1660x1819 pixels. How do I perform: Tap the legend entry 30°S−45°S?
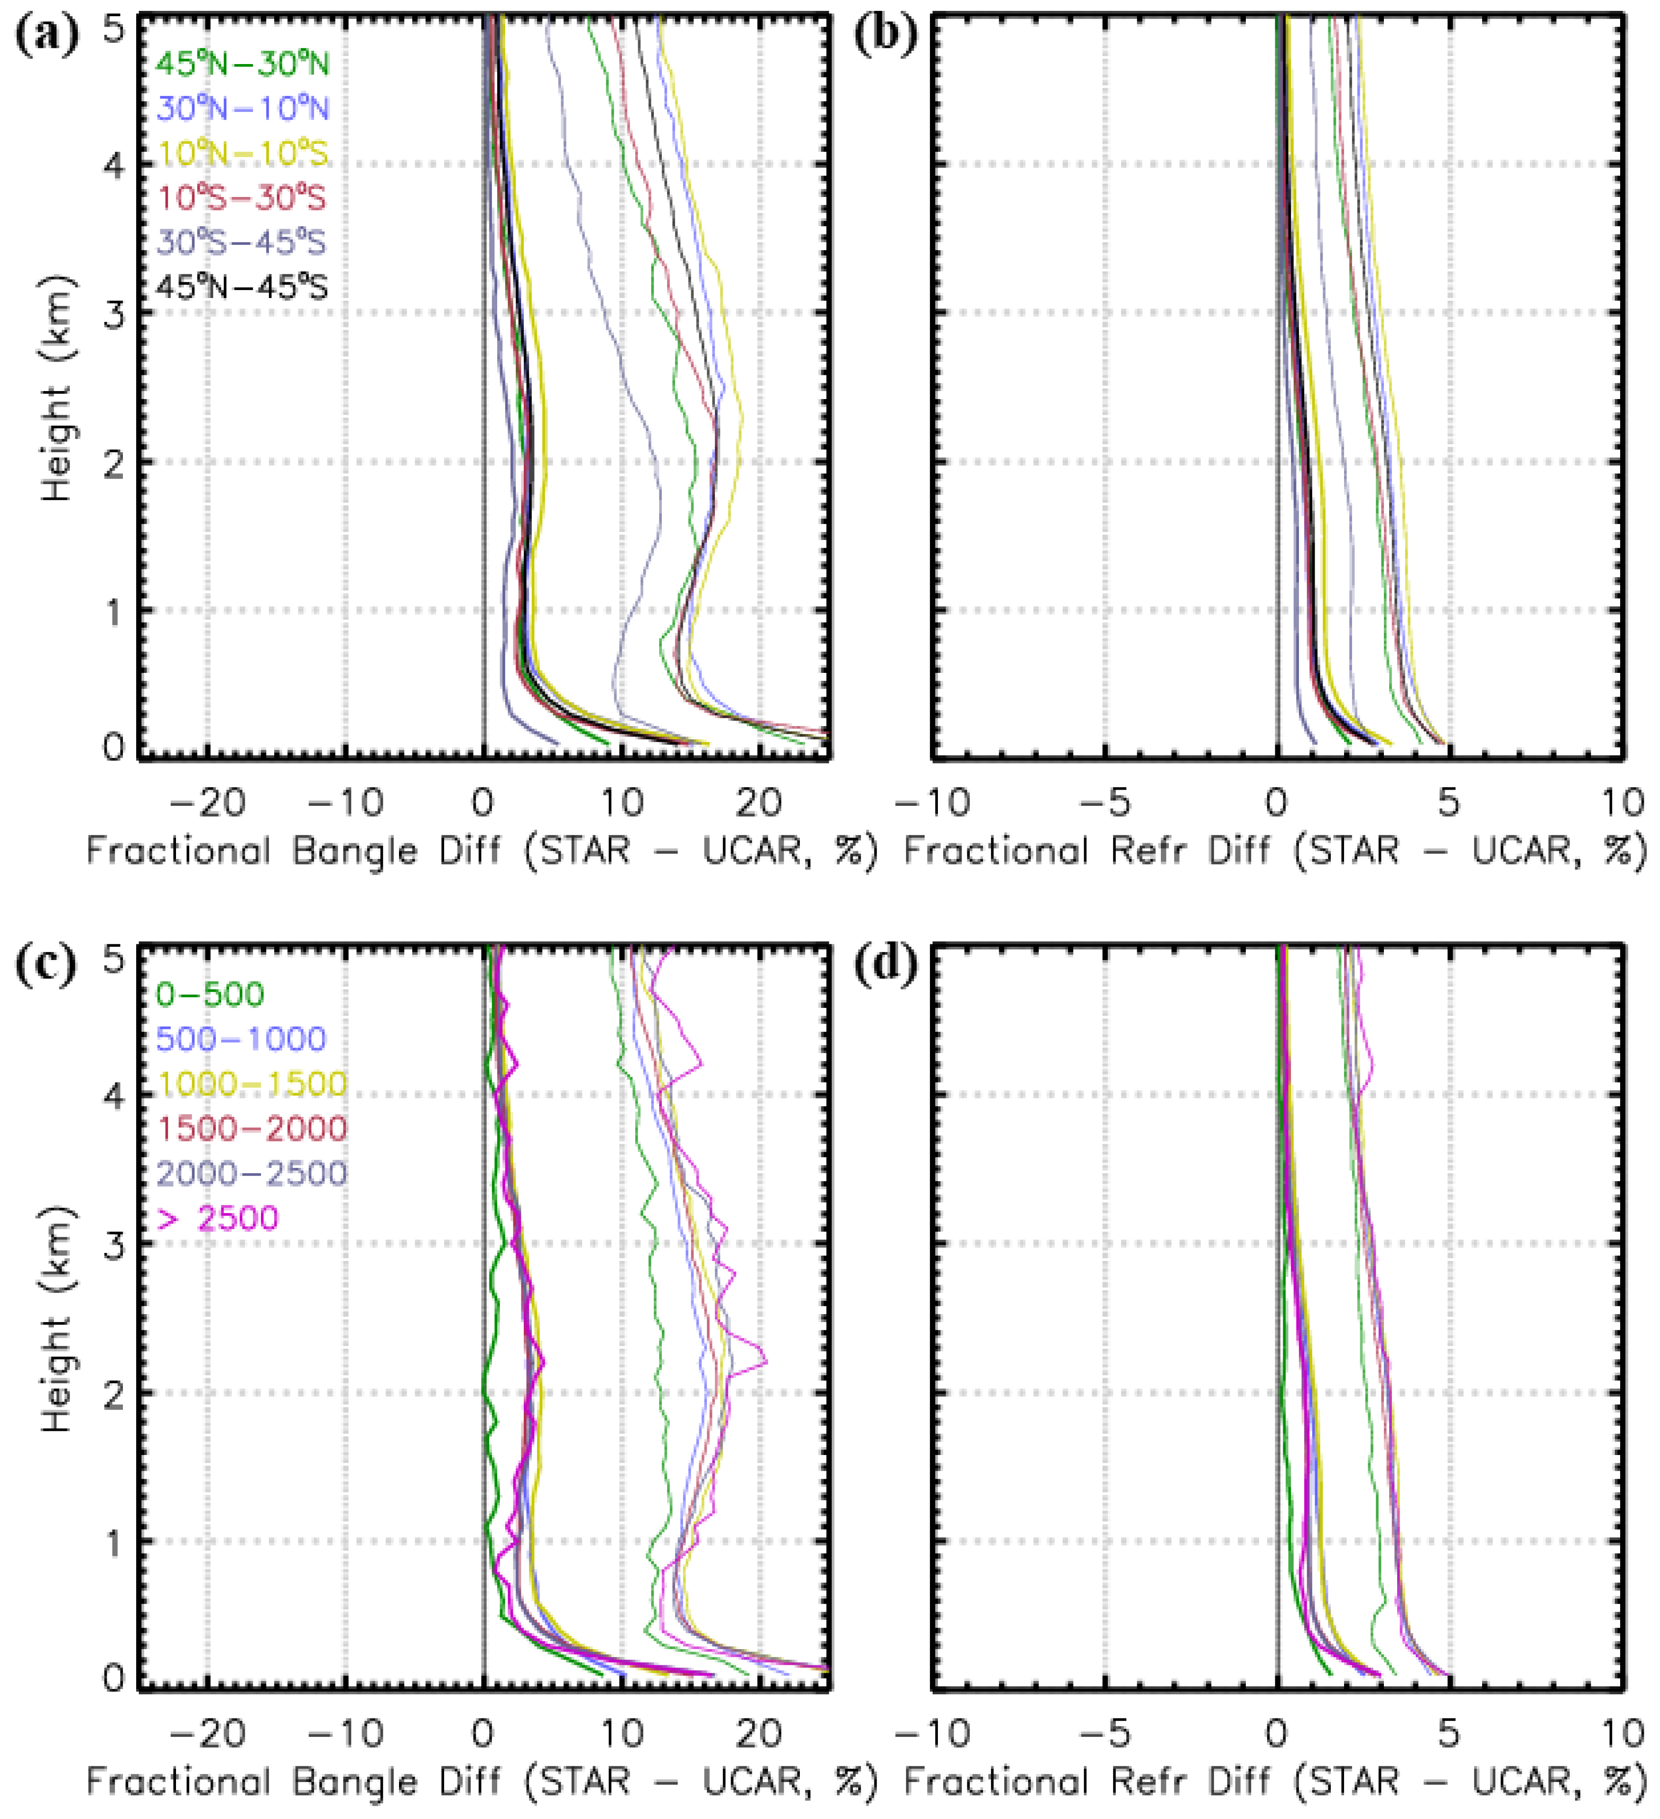point(242,243)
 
